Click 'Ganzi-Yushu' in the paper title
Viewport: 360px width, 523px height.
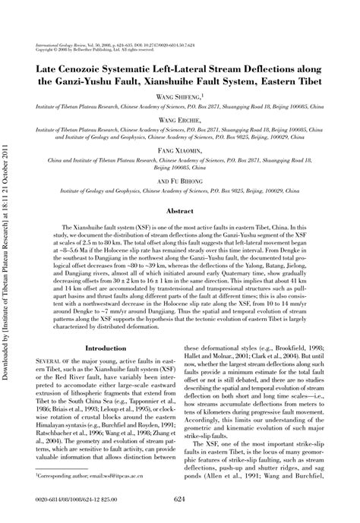[x=103, y=80]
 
